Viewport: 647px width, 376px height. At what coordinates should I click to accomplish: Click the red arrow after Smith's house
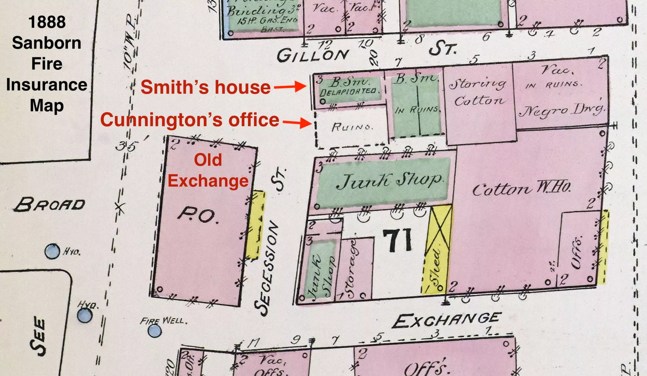290,87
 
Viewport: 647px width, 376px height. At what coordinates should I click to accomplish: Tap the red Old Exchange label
208,170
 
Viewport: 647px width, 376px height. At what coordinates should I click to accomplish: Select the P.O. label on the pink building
198,215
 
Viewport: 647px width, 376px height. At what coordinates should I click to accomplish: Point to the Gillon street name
313,55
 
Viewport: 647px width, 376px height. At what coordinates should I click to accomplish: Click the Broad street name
50,204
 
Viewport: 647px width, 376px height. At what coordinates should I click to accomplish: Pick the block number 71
397,240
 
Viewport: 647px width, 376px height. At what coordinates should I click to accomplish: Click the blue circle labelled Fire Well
154,331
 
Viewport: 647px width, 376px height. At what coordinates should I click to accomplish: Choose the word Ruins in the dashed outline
352,127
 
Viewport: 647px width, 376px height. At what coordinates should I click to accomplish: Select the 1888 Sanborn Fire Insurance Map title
47,63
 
